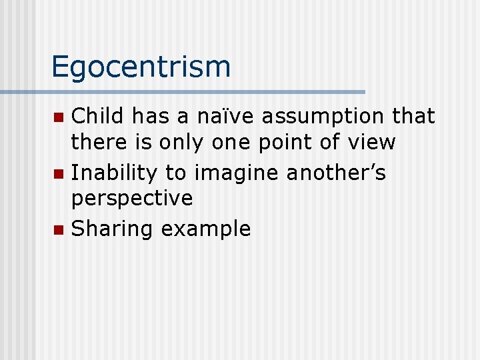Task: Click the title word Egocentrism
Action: [141, 67]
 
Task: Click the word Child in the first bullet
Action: [99, 116]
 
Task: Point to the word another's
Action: [336, 173]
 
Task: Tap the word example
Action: [206, 229]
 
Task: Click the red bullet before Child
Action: [59, 118]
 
